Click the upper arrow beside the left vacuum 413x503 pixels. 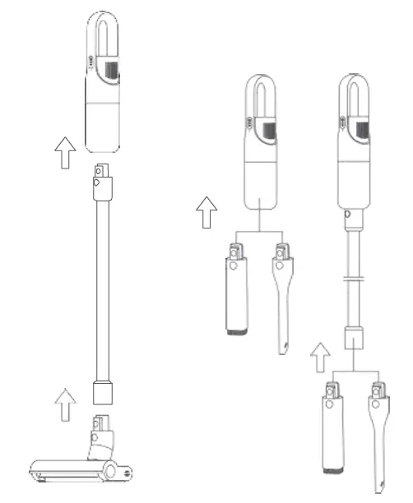63,153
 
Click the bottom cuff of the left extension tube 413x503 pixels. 104,392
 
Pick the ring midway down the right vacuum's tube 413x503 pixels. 354,280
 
